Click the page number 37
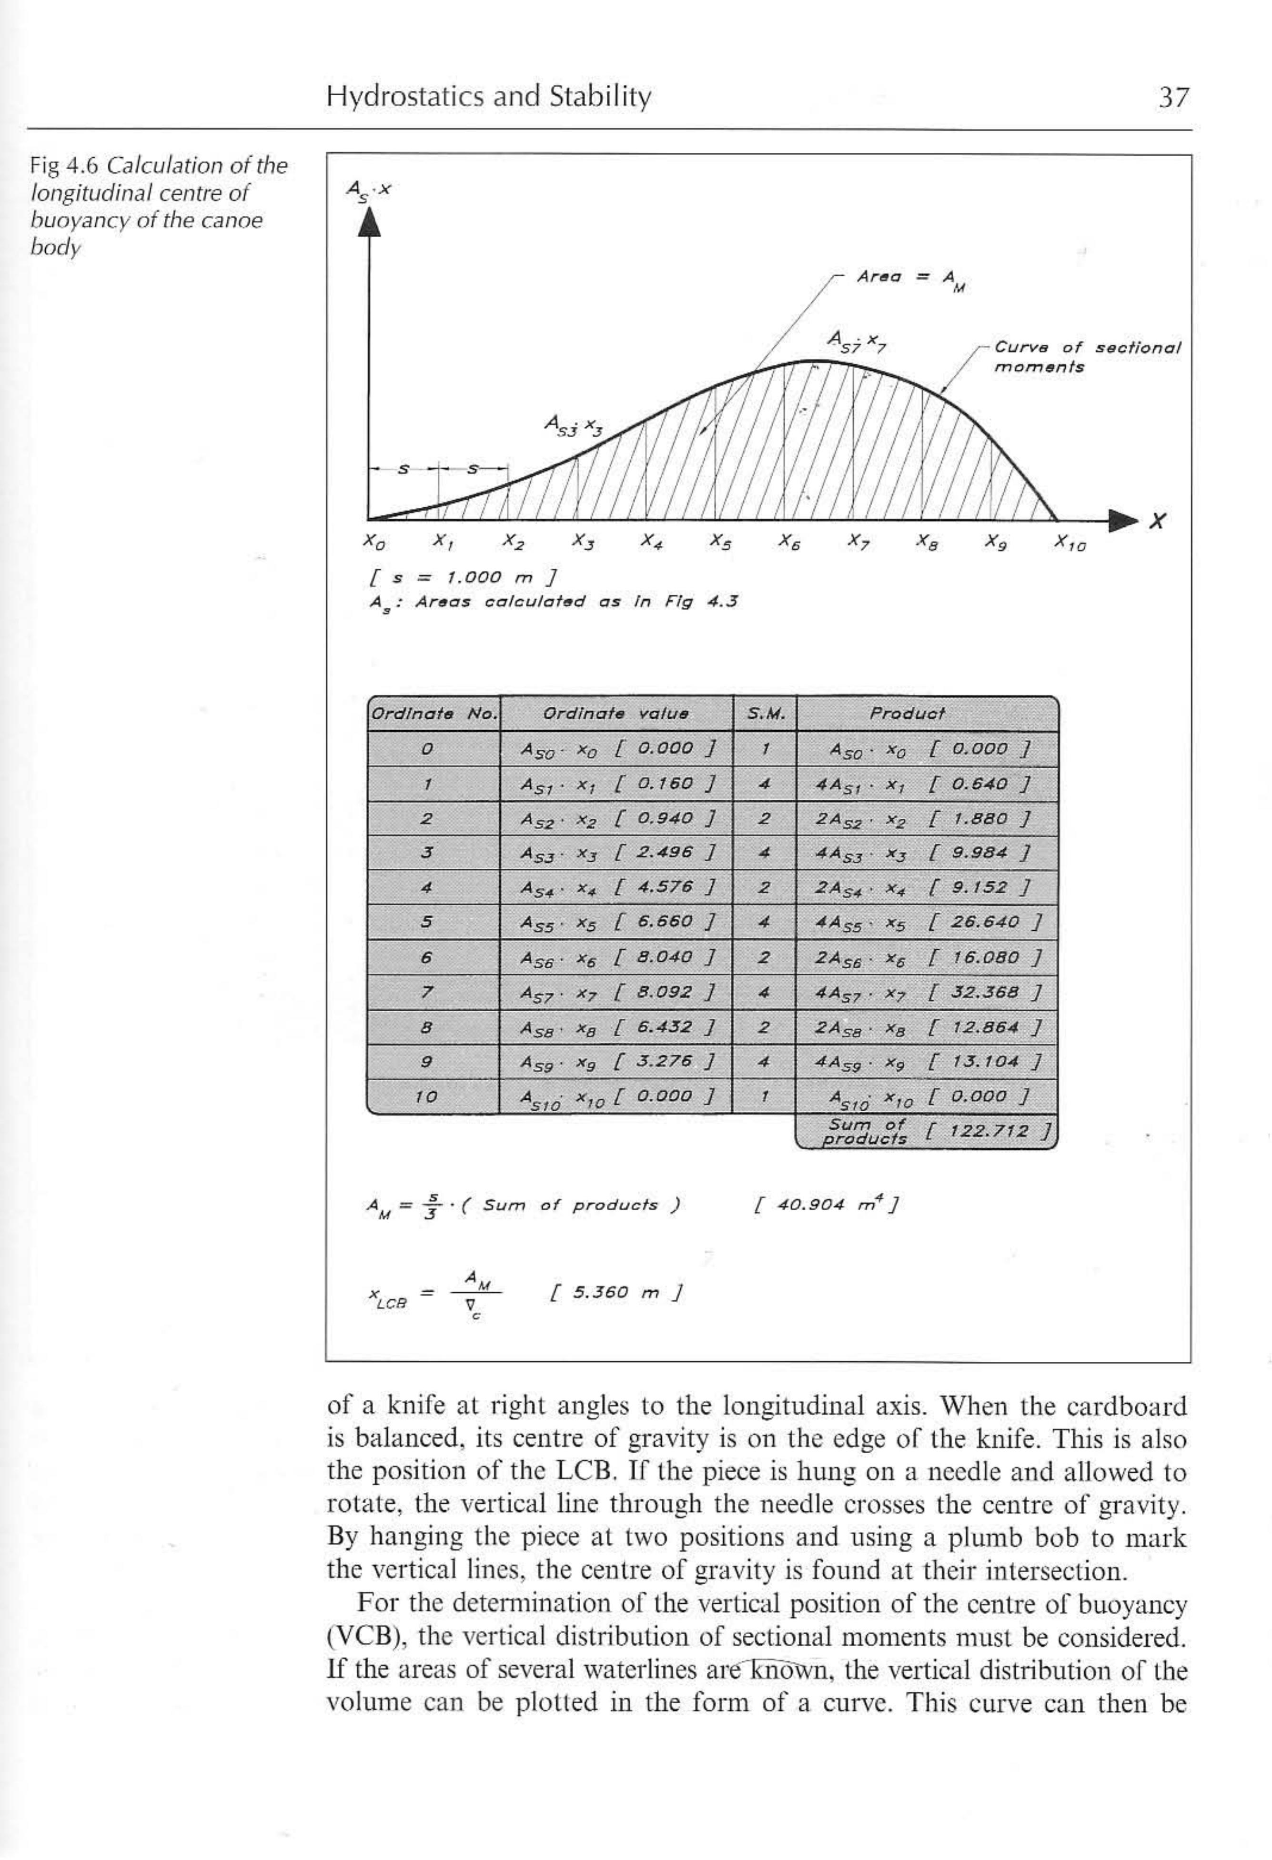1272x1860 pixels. pos(1173,98)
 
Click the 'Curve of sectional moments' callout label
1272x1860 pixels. pos(1085,357)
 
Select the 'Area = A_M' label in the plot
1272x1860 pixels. pos(911,278)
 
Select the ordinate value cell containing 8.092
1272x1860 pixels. pos(616,993)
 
